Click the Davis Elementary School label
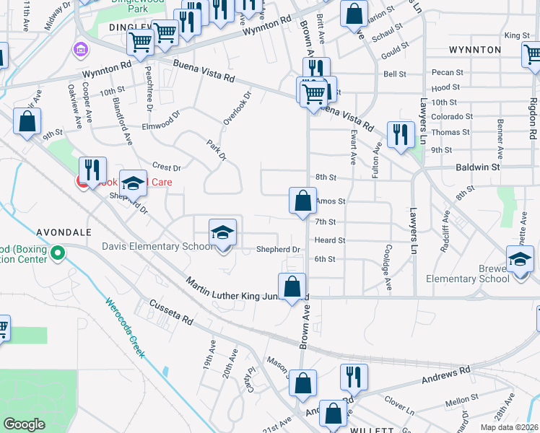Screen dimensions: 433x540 [160, 247]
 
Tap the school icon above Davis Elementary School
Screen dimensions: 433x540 [223, 232]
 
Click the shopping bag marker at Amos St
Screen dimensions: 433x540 [302, 201]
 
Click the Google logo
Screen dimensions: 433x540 [24, 424]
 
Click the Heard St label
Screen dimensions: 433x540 [330, 240]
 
